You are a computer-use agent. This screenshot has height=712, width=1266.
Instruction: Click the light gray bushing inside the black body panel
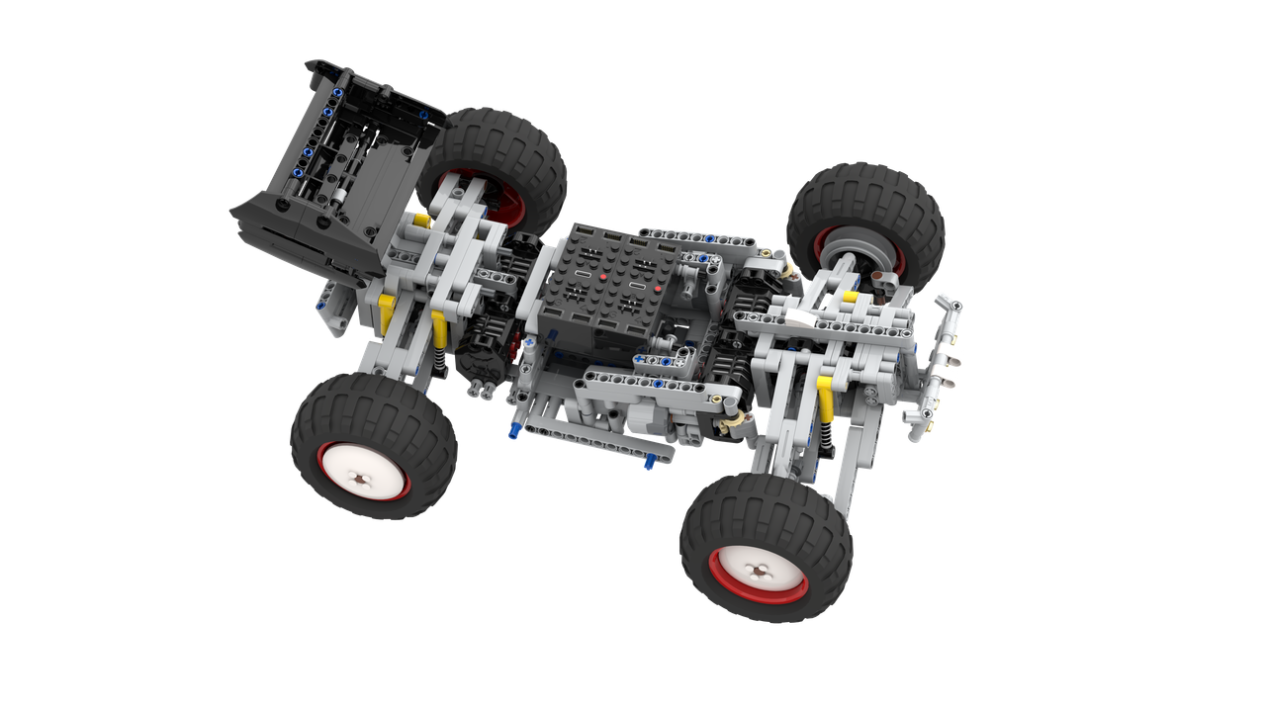click(x=336, y=195)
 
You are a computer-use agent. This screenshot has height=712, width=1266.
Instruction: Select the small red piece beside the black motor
click(x=513, y=347)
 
